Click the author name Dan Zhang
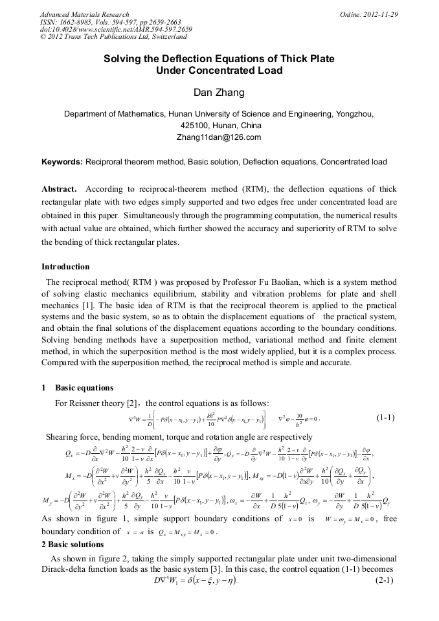point(219,93)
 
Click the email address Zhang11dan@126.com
point(219,137)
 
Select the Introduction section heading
point(65,267)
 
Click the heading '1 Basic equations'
point(77,388)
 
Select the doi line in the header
point(116,30)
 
